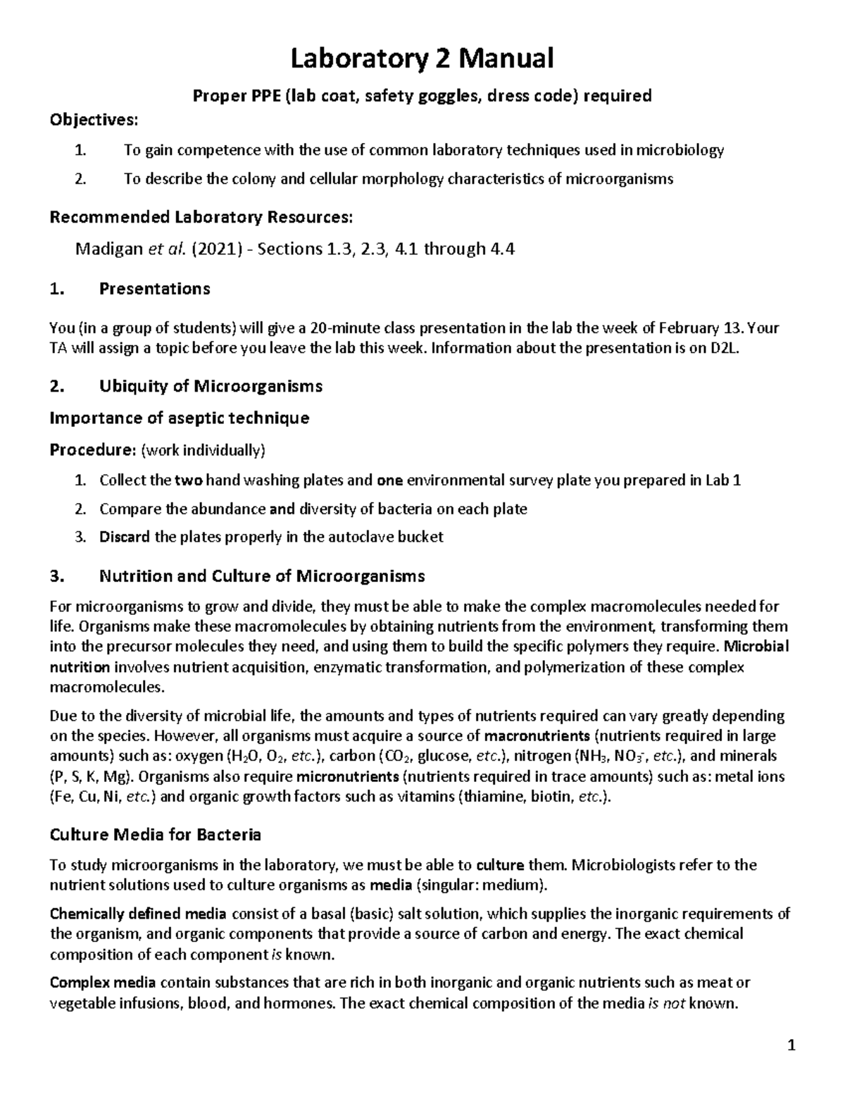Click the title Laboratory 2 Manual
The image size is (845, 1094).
coord(423,58)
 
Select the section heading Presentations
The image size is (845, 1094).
coord(154,289)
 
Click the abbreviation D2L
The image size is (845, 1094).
coord(724,348)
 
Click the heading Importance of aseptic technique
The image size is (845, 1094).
coord(180,418)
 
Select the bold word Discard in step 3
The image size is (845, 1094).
coord(125,537)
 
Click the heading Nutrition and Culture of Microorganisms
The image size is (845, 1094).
coord(262,576)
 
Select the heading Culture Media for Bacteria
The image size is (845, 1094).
coord(155,835)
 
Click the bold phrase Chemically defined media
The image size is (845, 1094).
coord(138,914)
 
